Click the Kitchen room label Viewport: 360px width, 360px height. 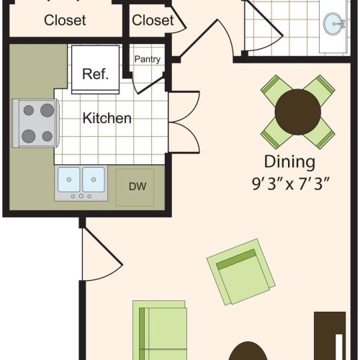pyautogui.click(x=107, y=117)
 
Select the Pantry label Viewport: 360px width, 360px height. pyautogui.click(x=147, y=60)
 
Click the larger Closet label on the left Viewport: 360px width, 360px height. pyautogui.click(x=65, y=20)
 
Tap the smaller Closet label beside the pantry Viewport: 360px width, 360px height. pyautogui.click(x=153, y=20)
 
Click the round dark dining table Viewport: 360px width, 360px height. pyautogui.click(x=298, y=111)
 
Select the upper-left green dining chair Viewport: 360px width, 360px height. pyautogui.click(x=275, y=89)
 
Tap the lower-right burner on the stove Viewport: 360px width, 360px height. pyautogui.click(x=47, y=135)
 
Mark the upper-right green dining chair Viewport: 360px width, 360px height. pyautogui.click(x=320, y=89)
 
